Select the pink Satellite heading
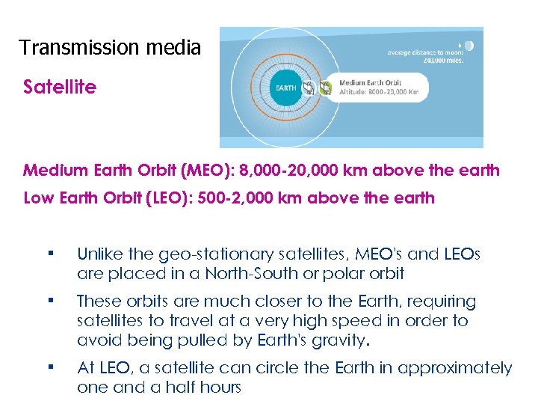point(60,88)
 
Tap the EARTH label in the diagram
point(286,88)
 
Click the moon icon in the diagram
point(469,46)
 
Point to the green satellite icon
point(326,88)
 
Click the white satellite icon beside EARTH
point(308,88)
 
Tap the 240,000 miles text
point(445,61)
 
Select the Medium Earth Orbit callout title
point(370,82)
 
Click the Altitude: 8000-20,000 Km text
point(379,92)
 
